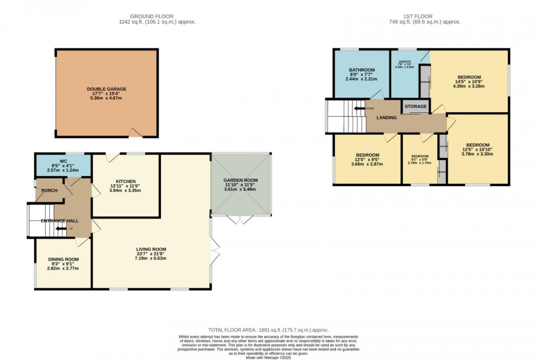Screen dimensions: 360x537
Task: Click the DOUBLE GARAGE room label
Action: (106, 89)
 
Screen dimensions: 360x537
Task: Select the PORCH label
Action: (50, 191)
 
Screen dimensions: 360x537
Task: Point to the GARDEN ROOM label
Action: (240, 180)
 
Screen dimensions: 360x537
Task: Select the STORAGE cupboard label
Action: (415, 107)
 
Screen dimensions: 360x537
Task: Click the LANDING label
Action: (386, 117)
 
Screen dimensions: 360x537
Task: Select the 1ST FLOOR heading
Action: (425, 16)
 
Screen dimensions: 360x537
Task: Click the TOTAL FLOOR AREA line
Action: (268, 330)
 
